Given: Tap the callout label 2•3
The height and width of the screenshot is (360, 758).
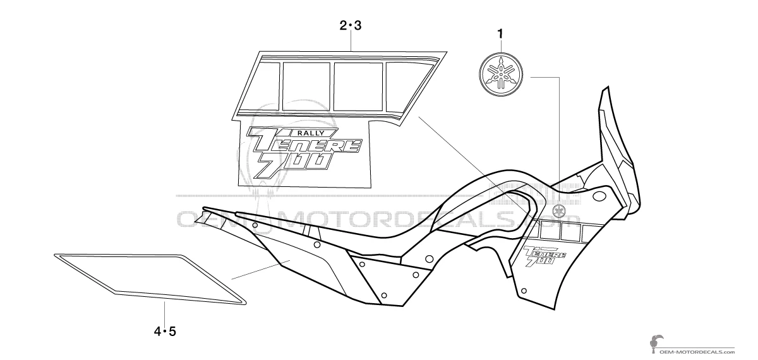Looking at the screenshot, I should click(351, 26).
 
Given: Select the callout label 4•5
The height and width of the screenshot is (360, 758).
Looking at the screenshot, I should click(164, 330).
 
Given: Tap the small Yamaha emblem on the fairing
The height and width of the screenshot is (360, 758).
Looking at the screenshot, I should click(558, 210).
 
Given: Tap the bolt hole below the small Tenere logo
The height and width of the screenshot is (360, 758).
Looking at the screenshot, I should click(524, 291).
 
